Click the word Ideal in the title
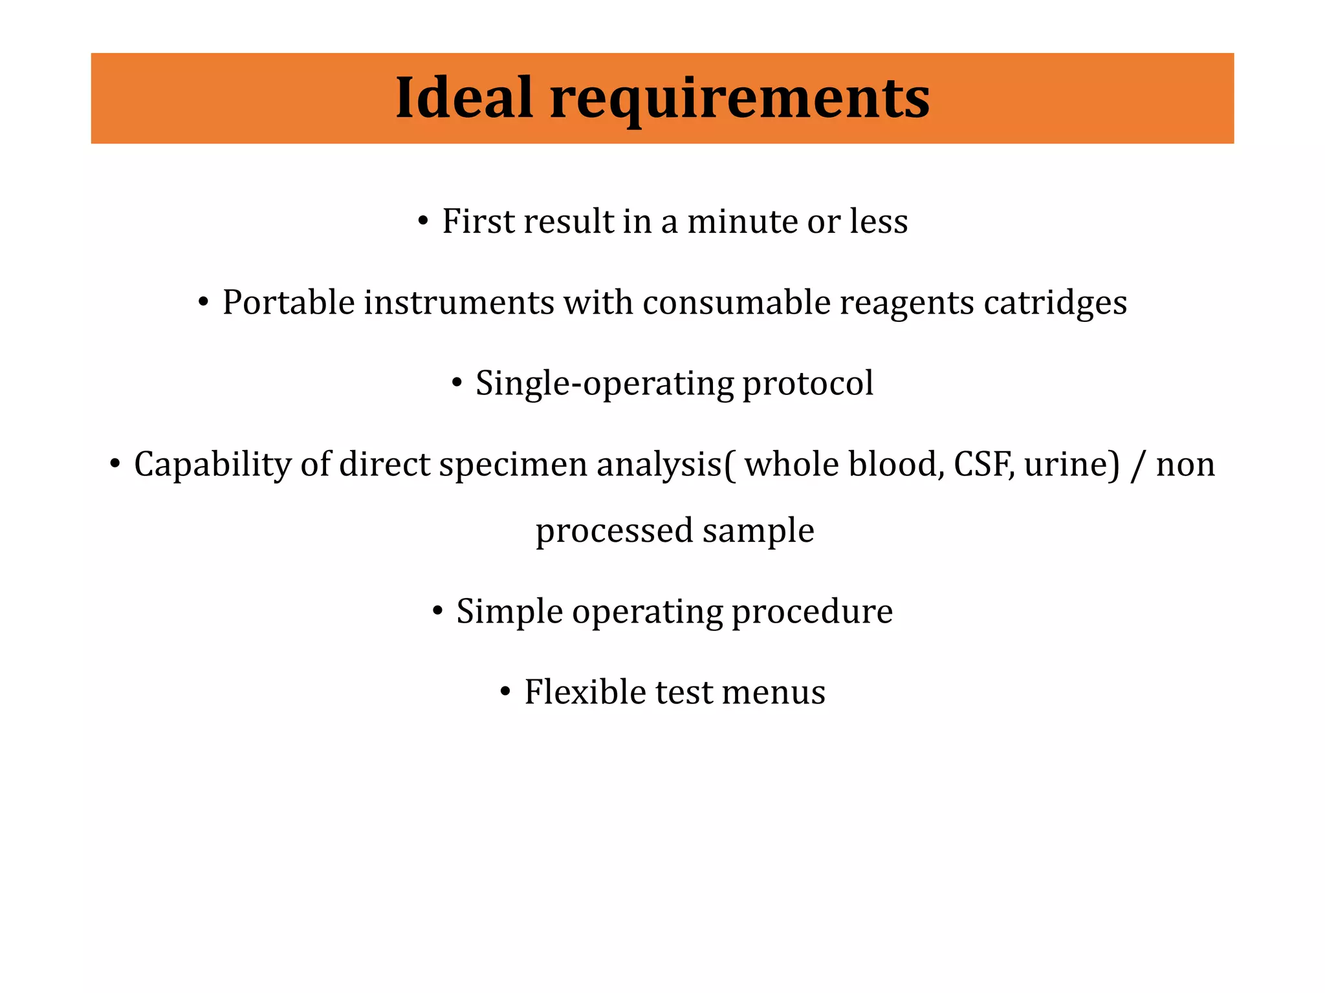click(x=463, y=98)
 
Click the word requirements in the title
click(x=739, y=98)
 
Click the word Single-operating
click(x=604, y=384)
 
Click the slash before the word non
click(x=1137, y=465)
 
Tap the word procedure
click(x=812, y=612)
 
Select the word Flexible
click(x=585, y=692)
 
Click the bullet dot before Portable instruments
click(x=204, y=303)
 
